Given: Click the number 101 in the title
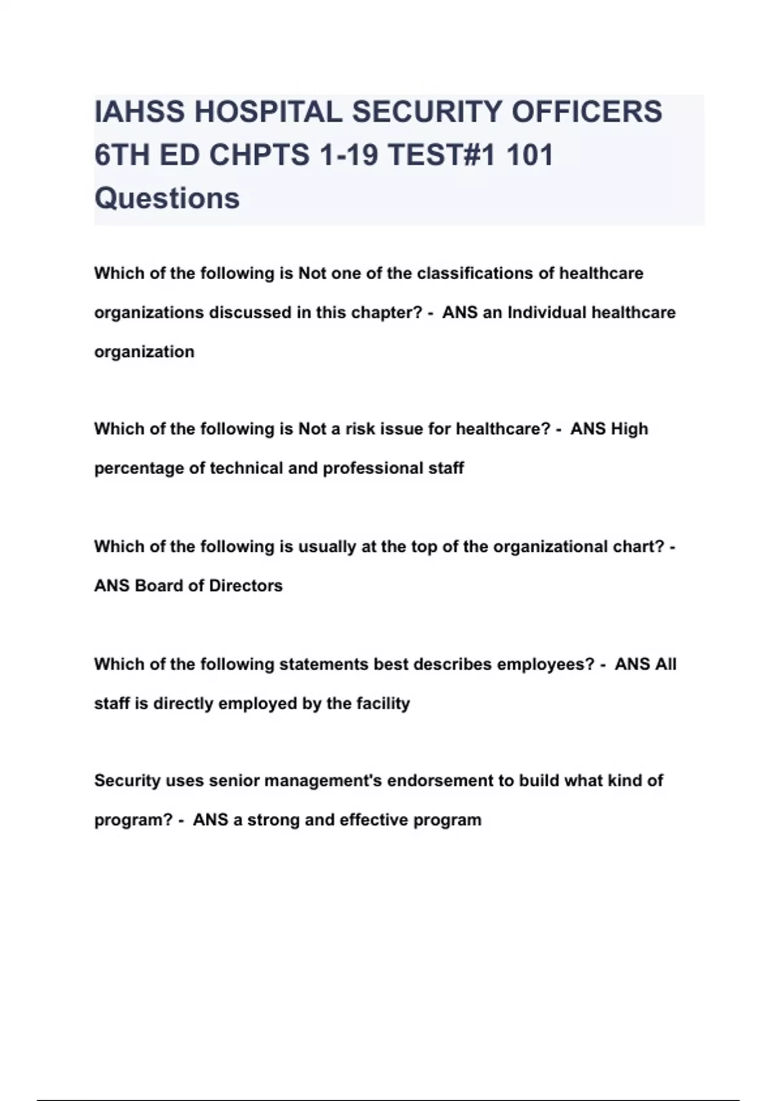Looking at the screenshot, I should (530, 155).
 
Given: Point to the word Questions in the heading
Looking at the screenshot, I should (167, 198).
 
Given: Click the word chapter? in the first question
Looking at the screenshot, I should (387, 313).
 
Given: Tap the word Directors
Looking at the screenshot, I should (246, 585).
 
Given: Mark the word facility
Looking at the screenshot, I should (383, 703).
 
